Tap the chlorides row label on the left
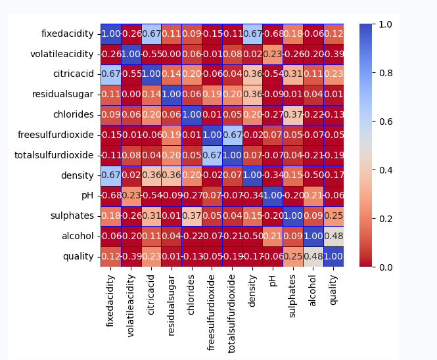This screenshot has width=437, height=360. click(x=74, y=114)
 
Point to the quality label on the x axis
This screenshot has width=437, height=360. click(x=333, y=288)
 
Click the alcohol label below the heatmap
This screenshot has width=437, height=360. click(x=312, y=290)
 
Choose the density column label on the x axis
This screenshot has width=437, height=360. click(x=252, y=290)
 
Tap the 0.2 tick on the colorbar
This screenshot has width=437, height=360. click(x=386, y=219)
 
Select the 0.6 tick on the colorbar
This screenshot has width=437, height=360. click(x=386, y=122)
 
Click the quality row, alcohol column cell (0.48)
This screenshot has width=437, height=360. click(x=313, y=256)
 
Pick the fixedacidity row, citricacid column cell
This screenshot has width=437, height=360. click(x=150, y=34)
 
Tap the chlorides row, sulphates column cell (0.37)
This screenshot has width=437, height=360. click(x=292, y=114)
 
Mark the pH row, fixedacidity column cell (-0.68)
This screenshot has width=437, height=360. click(x=110, y=196)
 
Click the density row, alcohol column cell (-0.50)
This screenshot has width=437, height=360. click(x=313, y=175)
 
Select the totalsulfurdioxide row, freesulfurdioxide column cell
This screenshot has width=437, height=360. click(x=212, y=155)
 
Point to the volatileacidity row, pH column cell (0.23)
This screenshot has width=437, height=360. click(x=272, y=54)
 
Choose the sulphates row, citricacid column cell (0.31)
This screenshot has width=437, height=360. click(x=150, y=215)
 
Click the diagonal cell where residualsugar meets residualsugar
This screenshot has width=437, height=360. click(x=171, y=95)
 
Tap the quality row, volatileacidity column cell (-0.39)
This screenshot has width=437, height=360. click(x=130, y=256)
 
